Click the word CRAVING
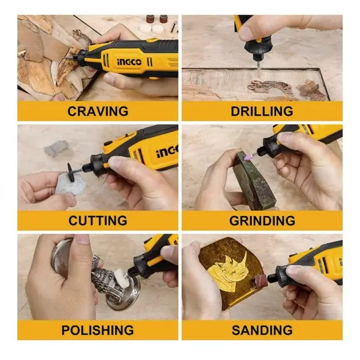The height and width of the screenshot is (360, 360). point(98,111)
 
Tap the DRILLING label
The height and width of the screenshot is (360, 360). point(262,111)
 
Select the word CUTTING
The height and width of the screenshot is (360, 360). point(98,221)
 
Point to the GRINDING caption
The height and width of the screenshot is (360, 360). point(262,221)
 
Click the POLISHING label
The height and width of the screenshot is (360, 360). point(98,330)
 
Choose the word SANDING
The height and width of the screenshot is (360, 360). point(262,330)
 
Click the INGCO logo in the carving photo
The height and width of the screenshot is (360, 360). point(130,62)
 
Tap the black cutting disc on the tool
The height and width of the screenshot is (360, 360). point(71,173)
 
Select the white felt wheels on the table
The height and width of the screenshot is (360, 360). point(152,29)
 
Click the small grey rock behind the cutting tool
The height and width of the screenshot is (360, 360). point(56,149)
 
